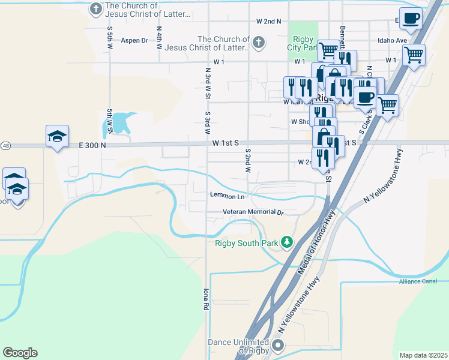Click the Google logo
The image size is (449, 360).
(20, 353)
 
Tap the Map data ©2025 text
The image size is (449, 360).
(423, 355)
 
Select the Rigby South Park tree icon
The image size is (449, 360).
(288, 242)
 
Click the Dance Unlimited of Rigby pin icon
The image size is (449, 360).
(278, 345)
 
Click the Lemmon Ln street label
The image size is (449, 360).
(228, 196)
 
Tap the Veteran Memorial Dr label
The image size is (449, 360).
(253, 212)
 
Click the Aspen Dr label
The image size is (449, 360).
(134, 41)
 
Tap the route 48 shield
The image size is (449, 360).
(5, 145)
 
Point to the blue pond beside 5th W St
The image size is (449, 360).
(121, 122)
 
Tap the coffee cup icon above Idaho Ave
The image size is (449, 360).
(411, 19)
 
